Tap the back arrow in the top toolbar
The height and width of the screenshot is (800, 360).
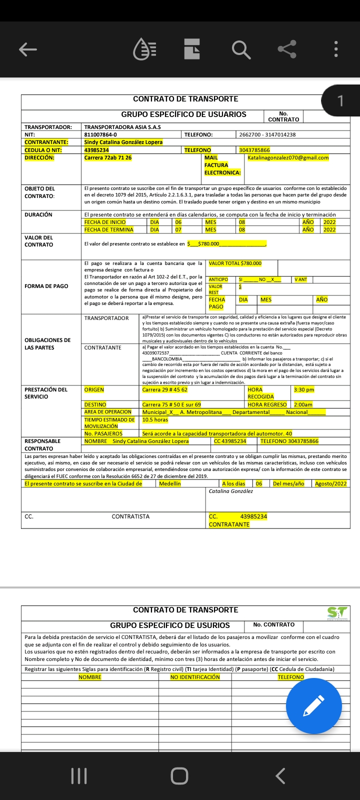tap(28, 49)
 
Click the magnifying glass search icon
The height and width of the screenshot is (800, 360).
tap(240, 49)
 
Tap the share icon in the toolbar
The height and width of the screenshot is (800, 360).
tap(287, 49)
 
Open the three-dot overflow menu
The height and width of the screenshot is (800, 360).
tap(336, 49)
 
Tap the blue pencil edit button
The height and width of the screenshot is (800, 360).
tap(313, 706)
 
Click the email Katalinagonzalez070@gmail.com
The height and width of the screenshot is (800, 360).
tap(288, 157)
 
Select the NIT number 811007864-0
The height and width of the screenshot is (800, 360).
tap(100, 134)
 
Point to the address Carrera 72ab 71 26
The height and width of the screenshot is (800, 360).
tap(108, 157)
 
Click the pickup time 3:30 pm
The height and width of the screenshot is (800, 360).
tap(304, 389)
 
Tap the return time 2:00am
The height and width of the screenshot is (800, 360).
tap(303, 404)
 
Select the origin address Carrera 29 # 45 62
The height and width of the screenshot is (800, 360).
tap(165, 389)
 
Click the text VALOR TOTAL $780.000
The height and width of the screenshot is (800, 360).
tap(235, 263)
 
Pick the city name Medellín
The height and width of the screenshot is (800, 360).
tap(170, 483)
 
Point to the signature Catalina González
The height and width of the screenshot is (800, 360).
tap(231, 491)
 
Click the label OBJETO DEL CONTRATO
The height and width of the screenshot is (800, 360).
tap(39, 192)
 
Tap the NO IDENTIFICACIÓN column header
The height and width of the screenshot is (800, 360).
tap(195, 677)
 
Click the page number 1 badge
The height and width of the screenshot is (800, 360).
tap(340, 101)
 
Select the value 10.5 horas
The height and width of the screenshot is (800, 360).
tap(155, 419)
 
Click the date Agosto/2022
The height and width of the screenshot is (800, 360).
tap(330, 483)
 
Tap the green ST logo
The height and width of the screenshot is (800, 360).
tap(337, 612)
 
